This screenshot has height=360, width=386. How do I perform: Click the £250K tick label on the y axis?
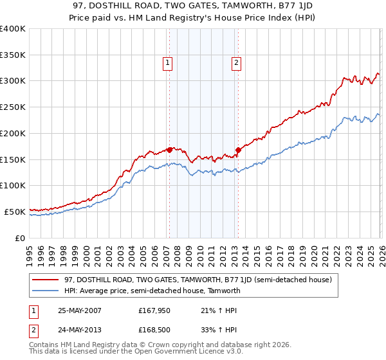[x=13, y=107]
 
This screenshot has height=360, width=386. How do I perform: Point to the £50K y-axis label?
[x=15, y=212]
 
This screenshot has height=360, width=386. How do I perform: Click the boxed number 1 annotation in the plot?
[x=167, y=63]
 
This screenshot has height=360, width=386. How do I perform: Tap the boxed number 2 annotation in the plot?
[x=236, y=63]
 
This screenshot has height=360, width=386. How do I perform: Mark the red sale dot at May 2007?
[x=170, y=150]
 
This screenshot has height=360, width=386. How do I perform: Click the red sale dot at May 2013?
[x=238, y=150]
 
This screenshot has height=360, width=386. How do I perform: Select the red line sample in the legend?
[x=46, y=280]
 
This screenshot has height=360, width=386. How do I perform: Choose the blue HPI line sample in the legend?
[x=46, y=291]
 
